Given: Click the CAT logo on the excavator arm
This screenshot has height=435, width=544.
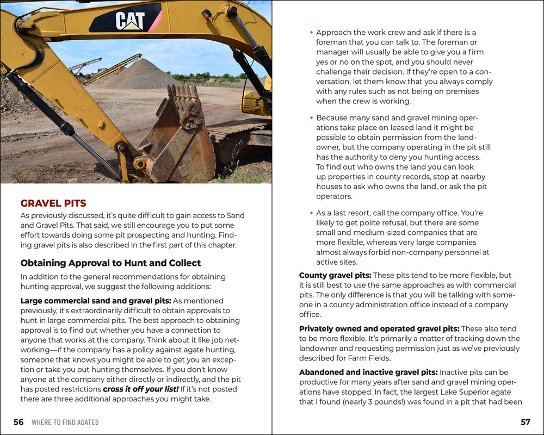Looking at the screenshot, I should (x=130, y=21).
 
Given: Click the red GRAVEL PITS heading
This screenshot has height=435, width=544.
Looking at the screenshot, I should (x=53, y=203).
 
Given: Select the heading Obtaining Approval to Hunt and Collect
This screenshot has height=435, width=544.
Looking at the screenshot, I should (x=110, y=263).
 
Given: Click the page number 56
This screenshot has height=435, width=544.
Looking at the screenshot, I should (x=18, y=422).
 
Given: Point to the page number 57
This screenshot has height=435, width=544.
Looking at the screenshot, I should (x=525, y=422).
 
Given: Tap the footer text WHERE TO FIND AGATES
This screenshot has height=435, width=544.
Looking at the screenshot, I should (x=65, y=422).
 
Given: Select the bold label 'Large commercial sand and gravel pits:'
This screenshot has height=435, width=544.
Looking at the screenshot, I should (x=96, y=301).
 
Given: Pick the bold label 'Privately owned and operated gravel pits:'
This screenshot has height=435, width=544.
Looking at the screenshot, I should (x=379, y=329).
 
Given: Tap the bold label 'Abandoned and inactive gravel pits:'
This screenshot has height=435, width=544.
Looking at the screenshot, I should (x=368, y=372).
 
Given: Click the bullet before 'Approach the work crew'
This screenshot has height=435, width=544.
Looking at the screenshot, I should (x=311, y=33).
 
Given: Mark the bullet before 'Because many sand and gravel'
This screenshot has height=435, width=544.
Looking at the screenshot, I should (x=311, y=117).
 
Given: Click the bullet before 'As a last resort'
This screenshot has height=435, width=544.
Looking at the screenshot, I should (x=311, y=213).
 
